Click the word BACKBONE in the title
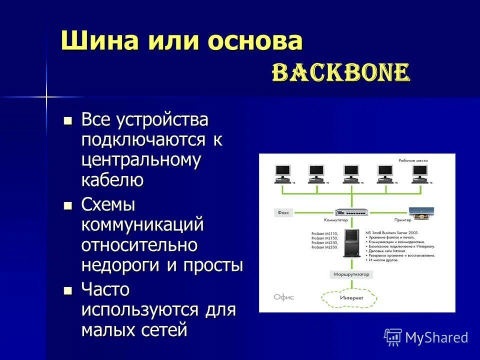click(x=340, y=73)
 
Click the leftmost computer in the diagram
click(x=282, y=173)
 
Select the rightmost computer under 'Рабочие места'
click(x=420, y=173)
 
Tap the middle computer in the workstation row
click(x=351, y=173)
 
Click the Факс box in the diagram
click(x=283, y=212)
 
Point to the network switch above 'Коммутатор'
click(x=351, y=212)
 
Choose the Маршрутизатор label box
click(x=351, y=274)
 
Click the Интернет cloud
click(x=351, y=298)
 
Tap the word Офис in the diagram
click(x=283, y=297)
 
